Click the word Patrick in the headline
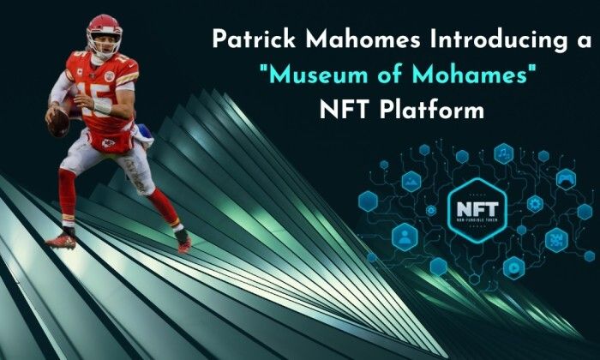254,39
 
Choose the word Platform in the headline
432,110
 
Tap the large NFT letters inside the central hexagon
477,209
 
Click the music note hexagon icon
504,153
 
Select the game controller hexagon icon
566,179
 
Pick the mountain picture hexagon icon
411,182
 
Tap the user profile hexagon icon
405,237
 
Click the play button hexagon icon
513,268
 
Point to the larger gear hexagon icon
535,204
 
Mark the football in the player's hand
58,123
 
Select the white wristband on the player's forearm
102,107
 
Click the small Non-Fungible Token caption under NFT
477,221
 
